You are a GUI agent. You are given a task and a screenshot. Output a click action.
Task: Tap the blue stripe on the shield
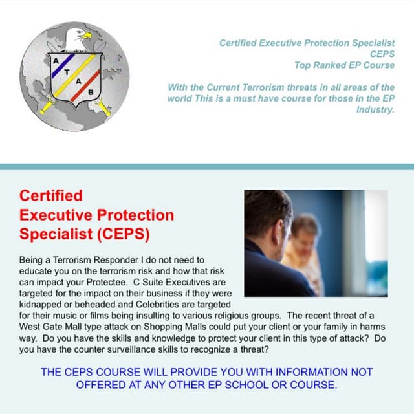[65, 62]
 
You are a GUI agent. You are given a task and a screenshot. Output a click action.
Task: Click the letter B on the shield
[90, 93]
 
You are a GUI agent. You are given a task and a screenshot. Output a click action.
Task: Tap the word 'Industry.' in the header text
[375, 110]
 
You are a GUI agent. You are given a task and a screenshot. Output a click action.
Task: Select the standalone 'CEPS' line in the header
[381, 54]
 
